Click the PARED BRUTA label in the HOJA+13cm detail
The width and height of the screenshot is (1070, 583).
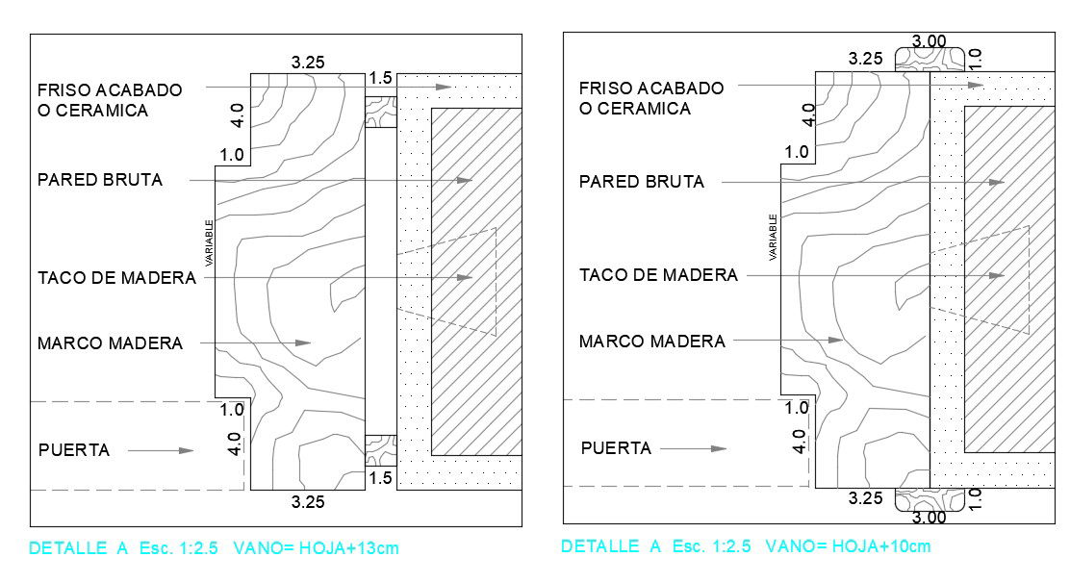click(x=100, y=180)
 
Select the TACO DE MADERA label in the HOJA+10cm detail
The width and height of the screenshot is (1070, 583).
click(x=658, y=275)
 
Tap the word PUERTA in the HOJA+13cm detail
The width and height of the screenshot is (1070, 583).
click(x=74, y=450)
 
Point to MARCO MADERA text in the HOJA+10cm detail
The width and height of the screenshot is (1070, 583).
click(x=651, y=341)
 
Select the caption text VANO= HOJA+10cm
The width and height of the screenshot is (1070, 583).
click(x=848, y=546)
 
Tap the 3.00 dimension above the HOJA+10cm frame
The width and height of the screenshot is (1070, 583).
click(x=930, y=41)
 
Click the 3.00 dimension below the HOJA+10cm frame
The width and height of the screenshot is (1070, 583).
click(x=930, y=518)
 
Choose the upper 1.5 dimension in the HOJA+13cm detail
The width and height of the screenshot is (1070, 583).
click(x=380, y=79)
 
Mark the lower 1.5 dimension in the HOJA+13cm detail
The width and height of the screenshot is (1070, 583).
click(x=380, y=478)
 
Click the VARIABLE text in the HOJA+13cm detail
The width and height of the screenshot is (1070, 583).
click(x=208, y=243)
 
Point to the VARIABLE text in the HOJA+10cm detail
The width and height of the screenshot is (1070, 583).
click(x=772, y=239)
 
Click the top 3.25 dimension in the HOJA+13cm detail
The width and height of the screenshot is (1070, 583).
click(x=308, y=63)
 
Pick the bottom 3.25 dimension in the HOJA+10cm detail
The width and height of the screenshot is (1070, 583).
click(x=865, y=498)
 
